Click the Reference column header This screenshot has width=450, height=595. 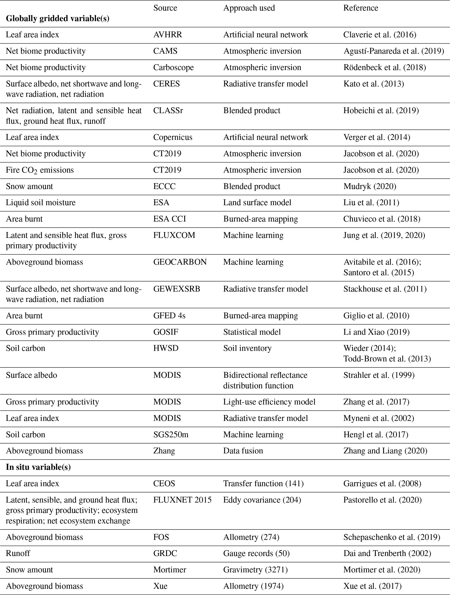[x=360, y=8]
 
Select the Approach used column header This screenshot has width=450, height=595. [x=249, y=8]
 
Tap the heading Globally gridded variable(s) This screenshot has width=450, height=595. [x=57, y=18]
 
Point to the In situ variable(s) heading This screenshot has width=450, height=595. [x=38, y=467]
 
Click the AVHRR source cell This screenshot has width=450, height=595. [x=167, y=35]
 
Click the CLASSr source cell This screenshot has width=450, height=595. [x=168, y=110]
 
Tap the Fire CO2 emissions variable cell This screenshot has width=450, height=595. [x=40, y=170]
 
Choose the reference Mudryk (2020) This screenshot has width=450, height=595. [x=369, y=186]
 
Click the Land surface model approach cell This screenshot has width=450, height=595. [x=257, y=202]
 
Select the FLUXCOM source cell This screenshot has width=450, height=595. [x=174, y=235]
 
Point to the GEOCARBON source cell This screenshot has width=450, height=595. [x=180, y=262]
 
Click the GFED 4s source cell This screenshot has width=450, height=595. [x=169, y=316]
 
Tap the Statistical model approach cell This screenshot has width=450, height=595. [x=252, y=332]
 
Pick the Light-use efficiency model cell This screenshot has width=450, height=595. [x=269, y=402]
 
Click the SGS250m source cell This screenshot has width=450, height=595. [x=170, y=435]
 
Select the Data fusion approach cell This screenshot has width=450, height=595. [x=243, y=451]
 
